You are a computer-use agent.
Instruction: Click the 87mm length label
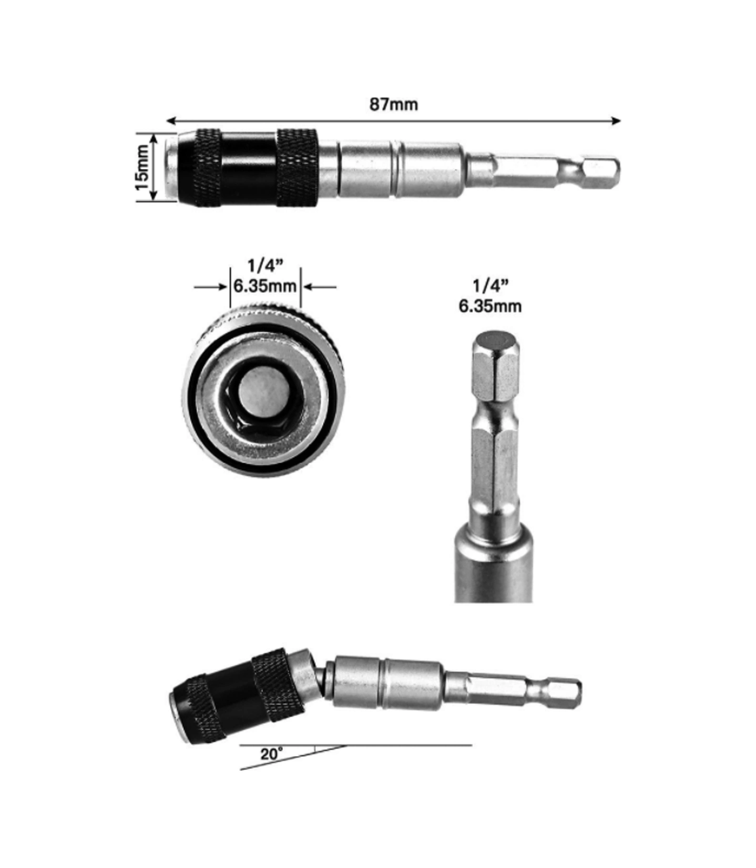point(393,104)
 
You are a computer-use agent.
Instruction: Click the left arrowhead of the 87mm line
point(171,121)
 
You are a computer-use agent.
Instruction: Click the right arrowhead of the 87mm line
point(616,121)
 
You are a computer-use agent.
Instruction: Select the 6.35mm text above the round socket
point(265,287)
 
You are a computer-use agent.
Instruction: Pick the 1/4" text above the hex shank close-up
point(490,287)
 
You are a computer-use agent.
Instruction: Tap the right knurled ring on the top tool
point(297,167)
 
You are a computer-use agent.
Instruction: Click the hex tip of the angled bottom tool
point(565,693)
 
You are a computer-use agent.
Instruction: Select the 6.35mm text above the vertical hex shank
point(490,306)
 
